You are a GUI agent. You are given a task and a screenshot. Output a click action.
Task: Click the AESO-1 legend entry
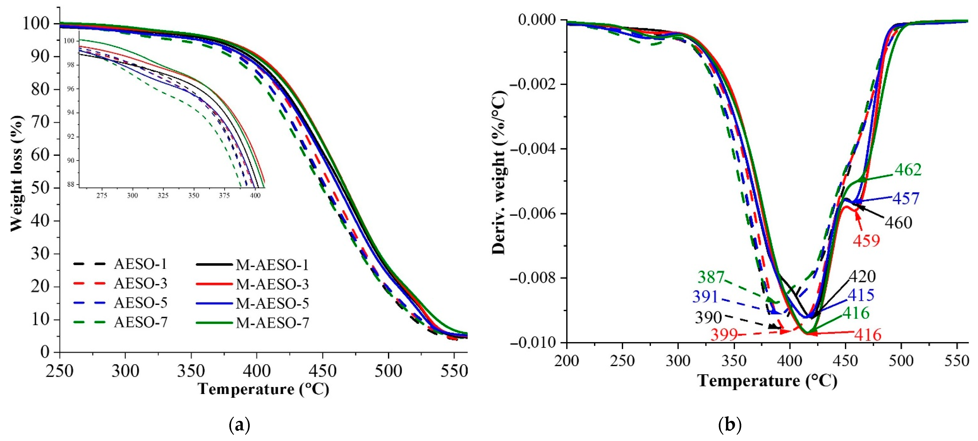[x=140, y=264]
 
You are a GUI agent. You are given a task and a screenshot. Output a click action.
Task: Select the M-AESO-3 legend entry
[x=272, y=284]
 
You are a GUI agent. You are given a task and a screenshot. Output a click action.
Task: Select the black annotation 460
[x=898, y=222]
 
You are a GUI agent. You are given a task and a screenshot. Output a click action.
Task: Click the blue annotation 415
[x=861, y=295]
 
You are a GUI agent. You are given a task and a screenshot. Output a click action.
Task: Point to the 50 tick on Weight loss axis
[x=40, y=188]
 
